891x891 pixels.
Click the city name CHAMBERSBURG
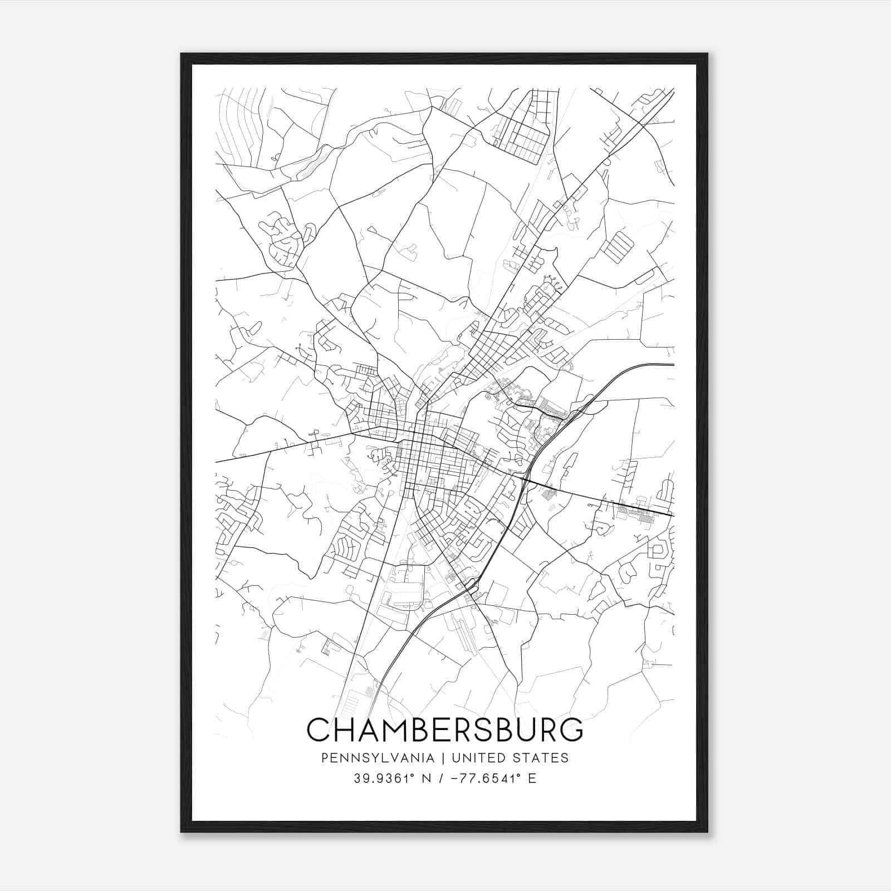[x=444, y=730]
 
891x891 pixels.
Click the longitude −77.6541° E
[x=489, y=779]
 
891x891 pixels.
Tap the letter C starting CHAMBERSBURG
[x=318, y=730]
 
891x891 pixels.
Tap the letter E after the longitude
[x=532, y=779]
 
